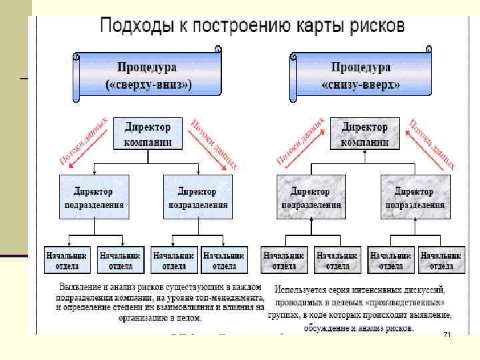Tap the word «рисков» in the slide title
point(371,26)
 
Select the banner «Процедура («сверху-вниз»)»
point(148,76)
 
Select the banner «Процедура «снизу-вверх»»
point(360,76)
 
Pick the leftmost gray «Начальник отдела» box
point(284,260)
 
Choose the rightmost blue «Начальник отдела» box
point(223,260)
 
